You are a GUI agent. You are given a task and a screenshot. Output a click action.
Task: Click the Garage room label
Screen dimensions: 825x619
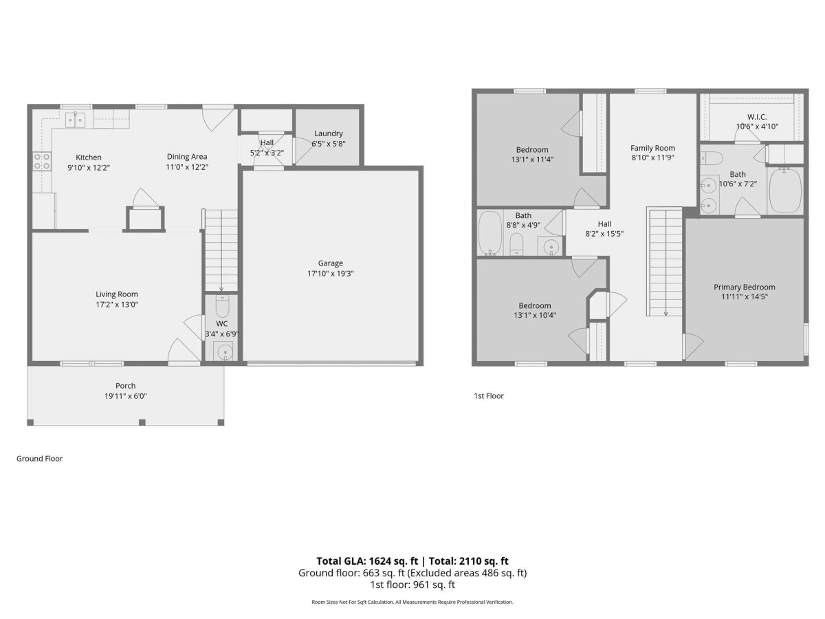pos(330,263)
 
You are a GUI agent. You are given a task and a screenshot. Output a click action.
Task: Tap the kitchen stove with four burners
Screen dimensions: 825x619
pos(42,161)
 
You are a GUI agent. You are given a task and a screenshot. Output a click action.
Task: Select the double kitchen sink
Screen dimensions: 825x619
pos(75,119)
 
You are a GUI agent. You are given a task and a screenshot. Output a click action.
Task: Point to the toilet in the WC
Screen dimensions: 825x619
pos(222,306)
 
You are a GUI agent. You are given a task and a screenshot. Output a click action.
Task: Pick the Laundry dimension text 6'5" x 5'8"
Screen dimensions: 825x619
pos(328,144)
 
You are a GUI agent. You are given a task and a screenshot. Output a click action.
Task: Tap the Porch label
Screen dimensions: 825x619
pos(126,386)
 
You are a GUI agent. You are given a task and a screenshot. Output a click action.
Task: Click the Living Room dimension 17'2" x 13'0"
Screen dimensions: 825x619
pos(117,305)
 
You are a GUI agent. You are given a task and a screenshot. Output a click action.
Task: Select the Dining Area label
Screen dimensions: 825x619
pos(187,156)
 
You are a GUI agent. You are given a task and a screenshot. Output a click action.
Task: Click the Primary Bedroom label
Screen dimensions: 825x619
pos(744,287)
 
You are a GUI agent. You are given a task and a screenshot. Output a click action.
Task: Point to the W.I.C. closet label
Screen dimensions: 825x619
pos(757,117)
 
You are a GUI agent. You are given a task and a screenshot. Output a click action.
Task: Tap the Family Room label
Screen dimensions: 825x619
pos(652,148)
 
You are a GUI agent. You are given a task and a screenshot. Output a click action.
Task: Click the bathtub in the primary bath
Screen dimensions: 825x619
pos(785,191)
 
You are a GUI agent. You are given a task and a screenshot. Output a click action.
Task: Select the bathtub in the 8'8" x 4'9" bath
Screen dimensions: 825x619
pos(489,233)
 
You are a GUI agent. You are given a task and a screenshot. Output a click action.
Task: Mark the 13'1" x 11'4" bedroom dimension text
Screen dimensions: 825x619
pos(532,160)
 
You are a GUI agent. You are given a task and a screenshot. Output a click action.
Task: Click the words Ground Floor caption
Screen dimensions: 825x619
pos(39,459)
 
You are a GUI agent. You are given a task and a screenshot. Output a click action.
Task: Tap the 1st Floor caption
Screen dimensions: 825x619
pos(489,395)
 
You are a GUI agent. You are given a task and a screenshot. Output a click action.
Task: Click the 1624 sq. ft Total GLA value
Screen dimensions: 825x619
pos(393,561)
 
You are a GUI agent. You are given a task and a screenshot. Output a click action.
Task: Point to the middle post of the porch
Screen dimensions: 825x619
pos(142,422)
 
